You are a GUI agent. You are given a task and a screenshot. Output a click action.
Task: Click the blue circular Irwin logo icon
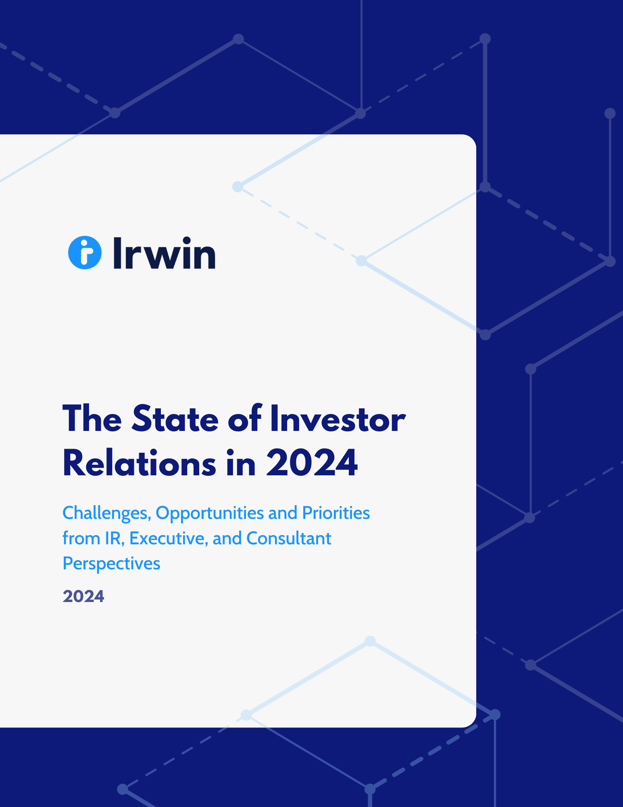coord(85,253)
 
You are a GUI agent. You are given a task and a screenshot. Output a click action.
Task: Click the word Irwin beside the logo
coord(164,253)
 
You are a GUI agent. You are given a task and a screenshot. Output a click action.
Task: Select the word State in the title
coord(175,419)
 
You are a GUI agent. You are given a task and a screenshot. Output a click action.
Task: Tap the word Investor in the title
coord(338,419)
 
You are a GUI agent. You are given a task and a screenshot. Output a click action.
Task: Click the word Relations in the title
coord(139,463)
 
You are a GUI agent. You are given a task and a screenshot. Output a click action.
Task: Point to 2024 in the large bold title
coord(311,463)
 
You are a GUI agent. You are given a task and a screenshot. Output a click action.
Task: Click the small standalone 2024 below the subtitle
coord(83,596)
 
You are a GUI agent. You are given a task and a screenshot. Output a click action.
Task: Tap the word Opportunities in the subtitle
coord(210,513)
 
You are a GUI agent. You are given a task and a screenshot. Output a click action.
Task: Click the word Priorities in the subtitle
coord(336,513)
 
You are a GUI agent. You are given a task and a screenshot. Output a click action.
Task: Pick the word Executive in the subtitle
coord(169,538)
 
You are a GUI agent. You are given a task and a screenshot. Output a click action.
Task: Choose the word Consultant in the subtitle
coord(289,538)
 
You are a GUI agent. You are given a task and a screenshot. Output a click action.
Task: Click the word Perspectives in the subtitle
coord(111,564)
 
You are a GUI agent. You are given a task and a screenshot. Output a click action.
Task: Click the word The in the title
coord(92,419)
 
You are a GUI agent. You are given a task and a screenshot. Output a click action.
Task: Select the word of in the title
coord(245,419)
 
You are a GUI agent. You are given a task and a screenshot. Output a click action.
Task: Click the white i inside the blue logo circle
coord(85,253)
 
